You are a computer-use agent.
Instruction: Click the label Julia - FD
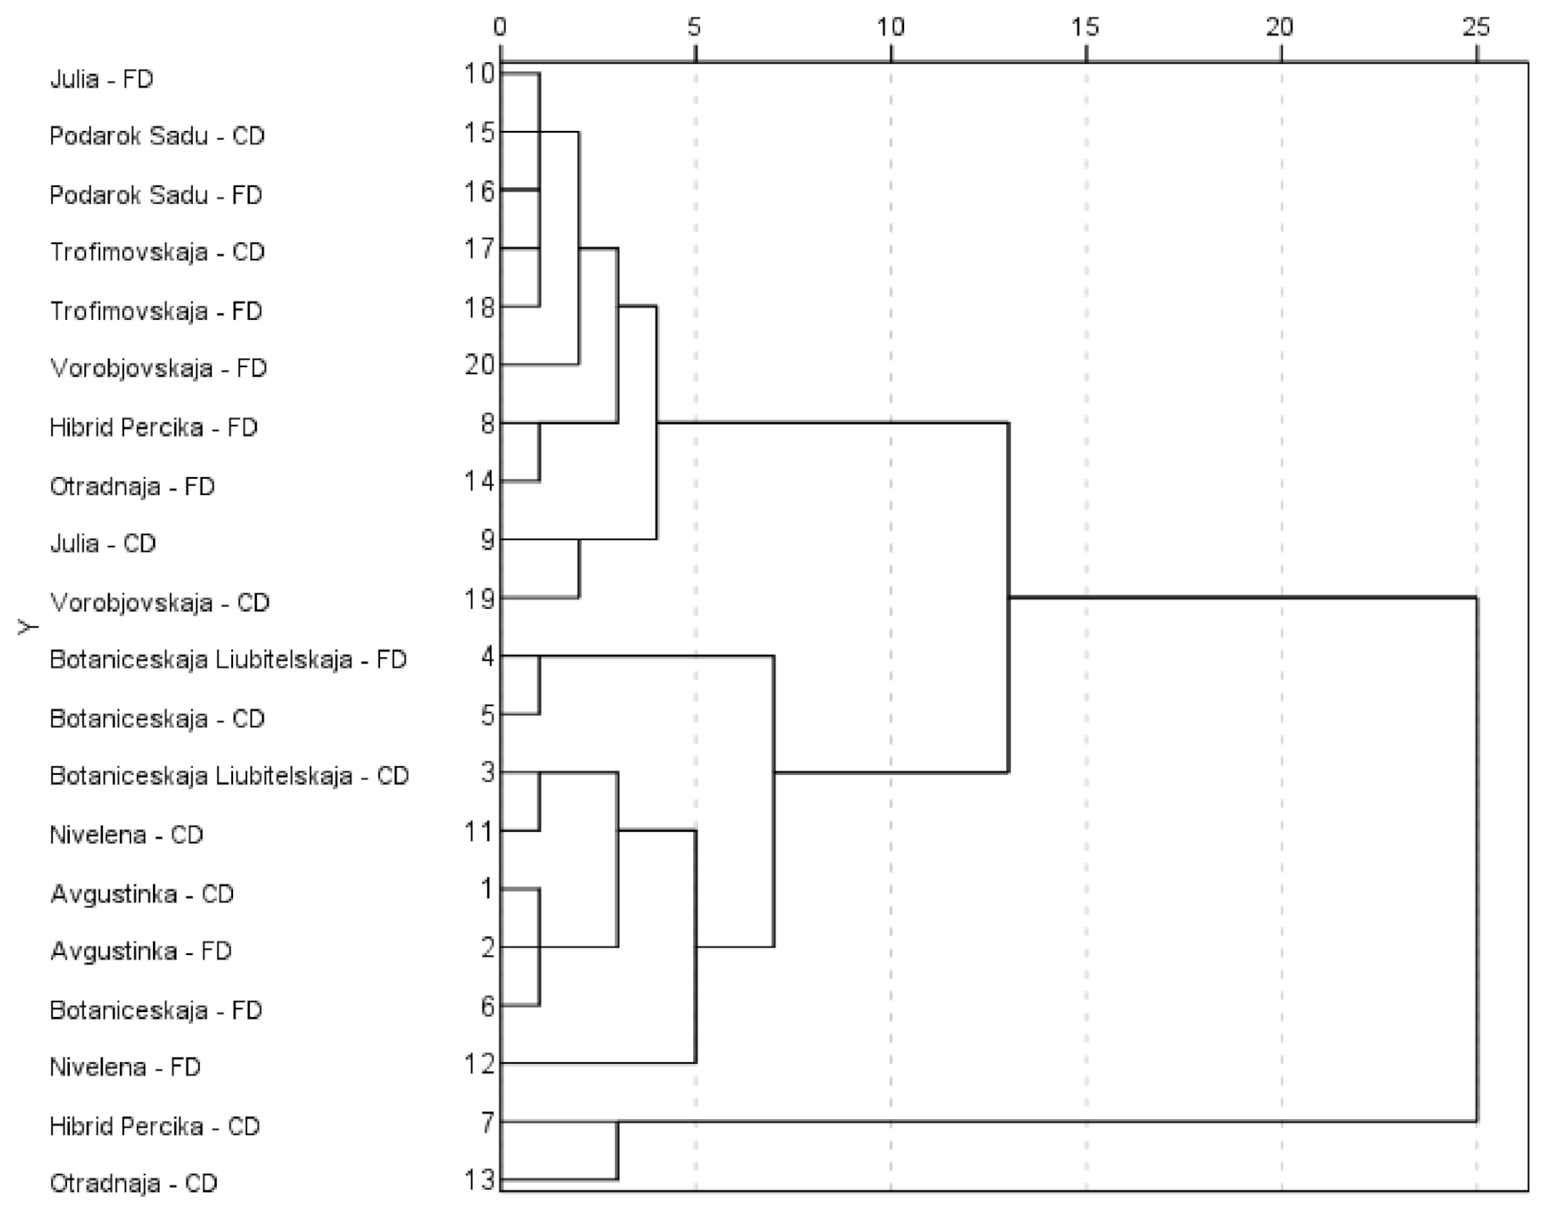point(101,79)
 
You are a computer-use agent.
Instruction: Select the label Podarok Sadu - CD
point(156,136)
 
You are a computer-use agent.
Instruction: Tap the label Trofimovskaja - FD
point(156,310)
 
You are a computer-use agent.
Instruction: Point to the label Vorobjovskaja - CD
point(160,602)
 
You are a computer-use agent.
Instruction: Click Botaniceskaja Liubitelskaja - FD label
point(228,660)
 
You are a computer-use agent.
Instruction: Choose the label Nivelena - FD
point(125,1066)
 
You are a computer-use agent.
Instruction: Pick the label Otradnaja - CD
point(134,1183)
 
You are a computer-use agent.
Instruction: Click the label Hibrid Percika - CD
point(154,1126)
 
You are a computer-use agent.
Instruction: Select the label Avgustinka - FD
point(141,951)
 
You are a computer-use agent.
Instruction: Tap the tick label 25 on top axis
point(1476,27)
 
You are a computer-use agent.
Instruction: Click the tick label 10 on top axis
point(890,27)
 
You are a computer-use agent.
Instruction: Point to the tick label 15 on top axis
point(1085,27)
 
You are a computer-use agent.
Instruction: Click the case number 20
point(480,365)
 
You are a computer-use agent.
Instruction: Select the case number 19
point(480,599)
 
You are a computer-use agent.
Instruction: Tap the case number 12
point(480,1063)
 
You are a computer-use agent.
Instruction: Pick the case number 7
point(486,1122)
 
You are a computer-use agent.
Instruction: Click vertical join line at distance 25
point(1477,859)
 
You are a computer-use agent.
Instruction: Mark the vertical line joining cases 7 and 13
point(617,1151)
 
